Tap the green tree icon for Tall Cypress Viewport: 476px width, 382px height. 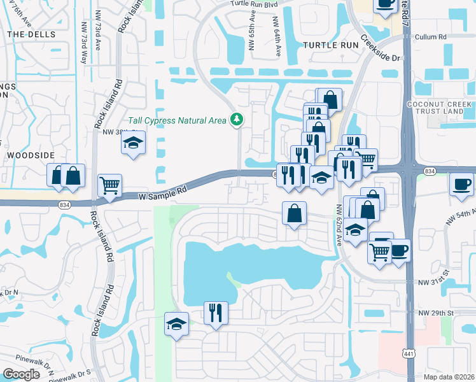tap(237, 119)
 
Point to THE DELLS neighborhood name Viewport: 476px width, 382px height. tap(32, 34)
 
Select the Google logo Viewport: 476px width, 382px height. tap(22, 374)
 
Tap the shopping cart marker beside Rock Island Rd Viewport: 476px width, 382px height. tap(109, 186)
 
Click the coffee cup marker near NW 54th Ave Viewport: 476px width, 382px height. tap(461, 185)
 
